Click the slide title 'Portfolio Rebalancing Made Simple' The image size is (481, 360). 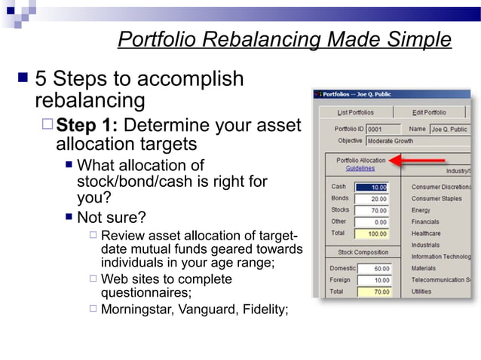click(284, 39)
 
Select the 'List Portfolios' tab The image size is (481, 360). click(355, 112)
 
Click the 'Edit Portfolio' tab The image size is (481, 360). click(429, 112)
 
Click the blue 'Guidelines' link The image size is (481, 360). click(360, 169)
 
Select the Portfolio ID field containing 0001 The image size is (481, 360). click(383, 129)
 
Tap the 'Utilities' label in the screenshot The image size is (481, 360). click(421, 291)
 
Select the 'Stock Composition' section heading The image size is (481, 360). click(363, 252)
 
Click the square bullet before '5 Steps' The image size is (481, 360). click(23, 78)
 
